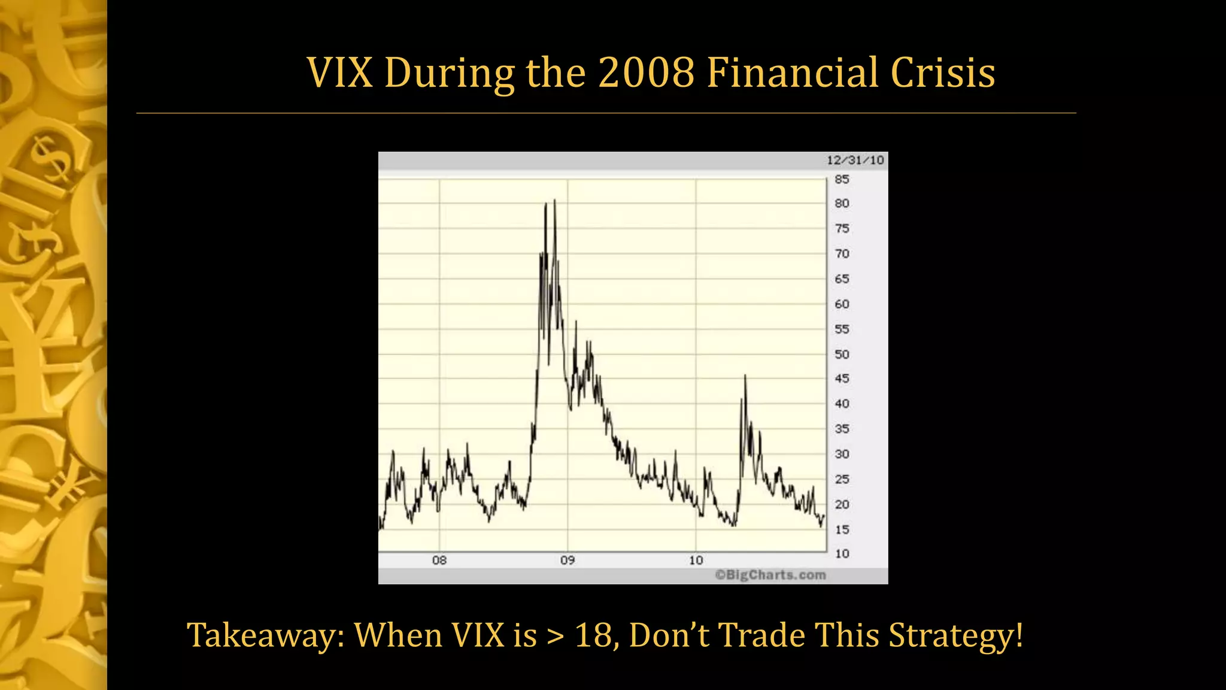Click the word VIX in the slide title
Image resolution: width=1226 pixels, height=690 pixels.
[x=339, y=73]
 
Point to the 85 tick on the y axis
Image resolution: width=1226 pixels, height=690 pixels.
[x=842, y=179]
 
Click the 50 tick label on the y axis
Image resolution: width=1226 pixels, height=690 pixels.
[x=842, y=354]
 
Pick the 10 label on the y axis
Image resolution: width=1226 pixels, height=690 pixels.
[x=842, y=553]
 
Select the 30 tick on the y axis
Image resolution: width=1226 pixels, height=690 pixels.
[x=842, y=454]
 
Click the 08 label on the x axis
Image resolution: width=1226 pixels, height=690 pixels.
[x=439, y=560]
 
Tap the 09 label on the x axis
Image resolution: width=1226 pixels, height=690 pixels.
[x=568, y=560]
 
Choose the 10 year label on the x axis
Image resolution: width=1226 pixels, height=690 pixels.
[x=696, y=560]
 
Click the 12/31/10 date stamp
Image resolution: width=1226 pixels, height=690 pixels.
[x=855, y=160]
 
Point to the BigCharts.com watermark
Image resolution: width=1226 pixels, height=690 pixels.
[x=770, y=575]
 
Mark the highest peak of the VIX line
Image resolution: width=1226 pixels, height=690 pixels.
[x=554, y=201]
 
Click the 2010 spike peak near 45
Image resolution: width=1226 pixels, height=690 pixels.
[x=745, y=376]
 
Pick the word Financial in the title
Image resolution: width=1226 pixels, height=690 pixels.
[x=792, y=73]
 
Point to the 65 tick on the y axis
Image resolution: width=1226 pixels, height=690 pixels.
[x=842, y=279]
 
